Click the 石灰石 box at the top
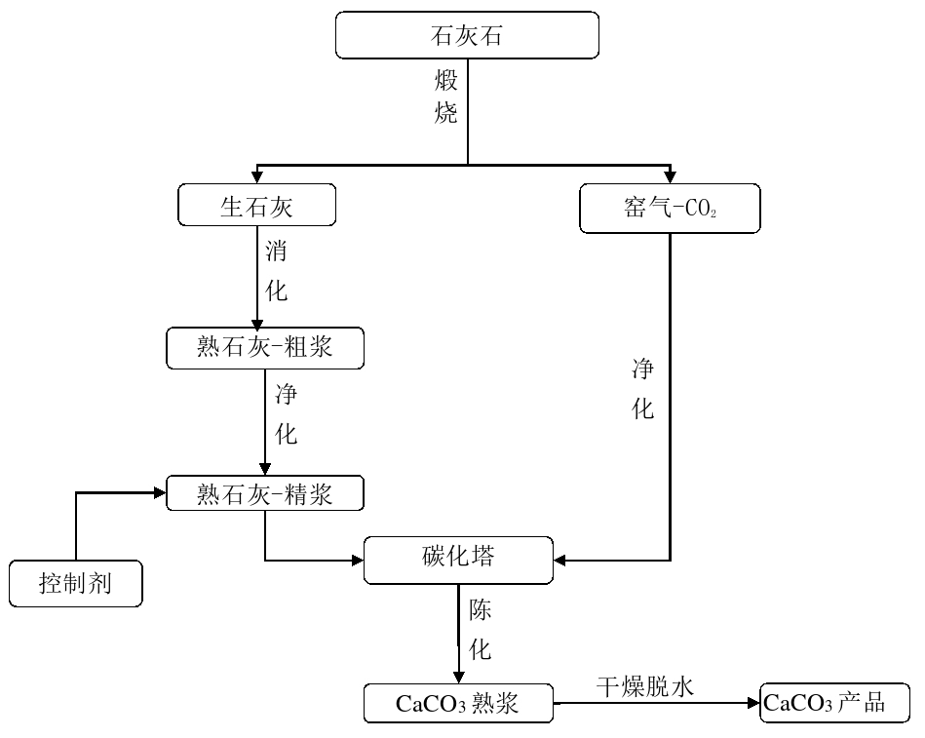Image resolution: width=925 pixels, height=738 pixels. (x=467, y=34)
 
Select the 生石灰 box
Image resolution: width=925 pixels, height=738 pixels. (x=257, y=206)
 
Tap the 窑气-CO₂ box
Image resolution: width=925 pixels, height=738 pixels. (x=670, y=209)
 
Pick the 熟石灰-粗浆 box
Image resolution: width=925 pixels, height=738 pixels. (x=264, y=347)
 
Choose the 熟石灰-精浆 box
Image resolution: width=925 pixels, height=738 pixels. (x=265, y=493)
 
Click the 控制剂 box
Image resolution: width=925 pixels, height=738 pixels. (x=75, y=583)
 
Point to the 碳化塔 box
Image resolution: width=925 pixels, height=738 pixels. (x=459, y=559)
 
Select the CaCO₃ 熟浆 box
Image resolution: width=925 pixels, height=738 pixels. (x=458, y=703)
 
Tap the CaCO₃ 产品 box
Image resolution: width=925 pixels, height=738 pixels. (x=836, y=702)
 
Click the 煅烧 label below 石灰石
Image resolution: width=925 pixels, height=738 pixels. (x=445, y=95)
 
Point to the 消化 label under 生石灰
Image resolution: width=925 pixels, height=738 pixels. (x=277, y=270)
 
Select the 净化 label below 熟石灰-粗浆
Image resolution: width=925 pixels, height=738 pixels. (x=286, y=414)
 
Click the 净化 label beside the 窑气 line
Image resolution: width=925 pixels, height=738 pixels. (x=643, y=388)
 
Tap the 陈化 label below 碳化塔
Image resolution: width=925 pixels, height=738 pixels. (x=481, y=630)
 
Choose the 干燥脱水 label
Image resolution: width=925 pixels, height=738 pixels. (x=644, y=686)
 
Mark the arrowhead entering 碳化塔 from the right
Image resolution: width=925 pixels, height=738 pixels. (x=562, y=560)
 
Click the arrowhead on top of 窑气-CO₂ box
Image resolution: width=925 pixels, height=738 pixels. (x=670, y=177)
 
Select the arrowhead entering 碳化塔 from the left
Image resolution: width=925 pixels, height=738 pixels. (x=357, y=560)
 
